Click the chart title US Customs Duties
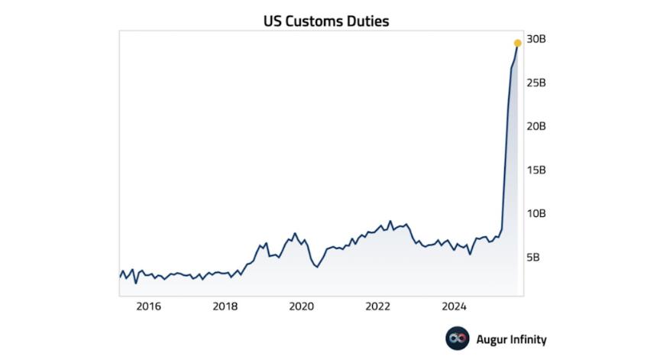pos(326,21)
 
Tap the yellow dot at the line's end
pos(517,43)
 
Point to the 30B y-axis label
pos(537,39)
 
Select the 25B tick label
pos(537,83)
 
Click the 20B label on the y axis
pos(537,126)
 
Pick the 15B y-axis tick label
pos(537,170)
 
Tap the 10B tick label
pos(537,213)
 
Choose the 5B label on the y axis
pos(534,257)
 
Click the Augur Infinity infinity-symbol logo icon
pos(457,339)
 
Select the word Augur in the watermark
pos(491,339)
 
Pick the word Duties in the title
pos(368,21)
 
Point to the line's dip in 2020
pos(317,267)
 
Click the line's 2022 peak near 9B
pos(390,222)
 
